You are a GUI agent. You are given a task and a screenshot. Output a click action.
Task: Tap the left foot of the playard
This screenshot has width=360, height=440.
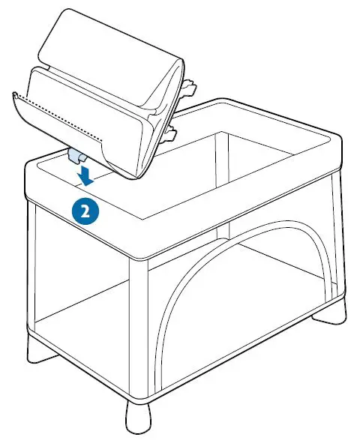pyautogui.click(x=37, y=353)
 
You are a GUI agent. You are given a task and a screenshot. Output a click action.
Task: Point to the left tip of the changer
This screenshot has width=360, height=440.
pyautogui.click(x=16, y=94)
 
